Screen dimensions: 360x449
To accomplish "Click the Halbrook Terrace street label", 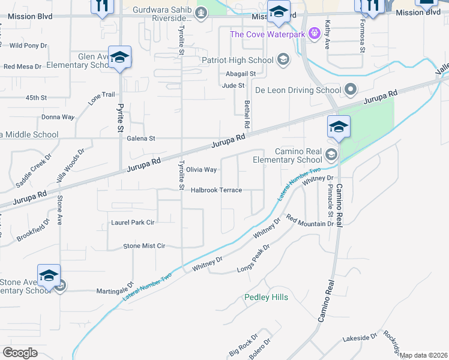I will point(216,190).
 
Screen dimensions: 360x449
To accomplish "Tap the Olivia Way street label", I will point(201,170).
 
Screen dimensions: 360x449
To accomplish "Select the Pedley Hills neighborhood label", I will point(266,298).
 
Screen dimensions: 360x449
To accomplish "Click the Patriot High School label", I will point(237,60).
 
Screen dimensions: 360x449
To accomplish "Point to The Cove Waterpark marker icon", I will point(313,34).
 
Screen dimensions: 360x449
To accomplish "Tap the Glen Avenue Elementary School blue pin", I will point(120,58).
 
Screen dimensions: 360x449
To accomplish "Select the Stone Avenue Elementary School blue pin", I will point(49,275).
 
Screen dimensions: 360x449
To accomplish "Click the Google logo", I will point(20,353).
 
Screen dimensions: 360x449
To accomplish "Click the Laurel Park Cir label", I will point(133,222).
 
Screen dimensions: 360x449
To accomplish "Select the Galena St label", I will point(141,138).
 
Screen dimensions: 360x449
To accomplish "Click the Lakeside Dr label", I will point(359,338).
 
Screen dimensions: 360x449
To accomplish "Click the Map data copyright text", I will point(423,355).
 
